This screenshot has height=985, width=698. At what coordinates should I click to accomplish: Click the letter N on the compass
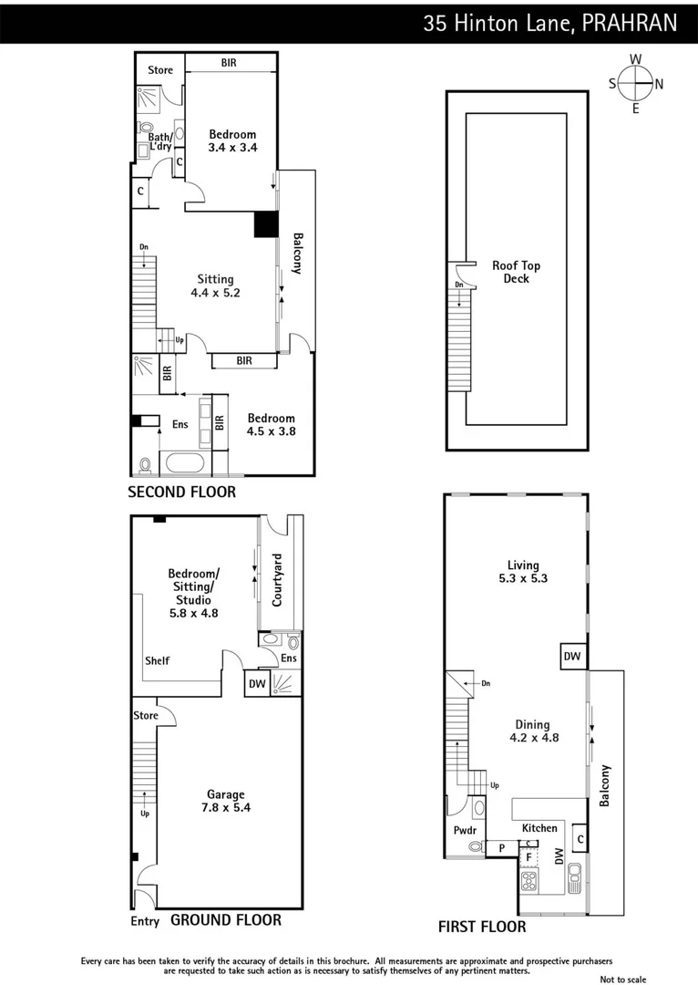tap(658, 85)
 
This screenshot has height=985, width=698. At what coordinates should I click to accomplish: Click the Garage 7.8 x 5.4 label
tap(224, 801)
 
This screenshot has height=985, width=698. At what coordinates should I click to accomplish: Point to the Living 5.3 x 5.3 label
tap(523, 572)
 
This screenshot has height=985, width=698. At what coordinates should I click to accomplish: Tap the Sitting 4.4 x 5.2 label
tap(215, 286)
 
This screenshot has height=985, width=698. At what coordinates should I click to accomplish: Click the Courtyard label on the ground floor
tap(278, 580)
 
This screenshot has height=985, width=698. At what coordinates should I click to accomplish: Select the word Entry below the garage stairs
tap(145, 921)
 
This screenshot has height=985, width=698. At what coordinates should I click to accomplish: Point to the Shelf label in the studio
tap(157, 660)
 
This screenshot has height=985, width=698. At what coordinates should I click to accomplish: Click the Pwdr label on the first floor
tap(465, 830)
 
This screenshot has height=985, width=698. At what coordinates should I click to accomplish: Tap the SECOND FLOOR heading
tap(181, 493)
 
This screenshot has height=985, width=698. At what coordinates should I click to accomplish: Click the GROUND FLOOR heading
tap(226, 920)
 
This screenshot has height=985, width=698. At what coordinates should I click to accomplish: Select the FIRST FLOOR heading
tap(482, 927)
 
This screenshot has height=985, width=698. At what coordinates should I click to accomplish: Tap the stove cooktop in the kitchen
tap(529, 882)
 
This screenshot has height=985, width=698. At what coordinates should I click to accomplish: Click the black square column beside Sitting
tap(265, 225)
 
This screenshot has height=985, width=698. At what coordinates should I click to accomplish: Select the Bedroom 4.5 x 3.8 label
tap(271, 425)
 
